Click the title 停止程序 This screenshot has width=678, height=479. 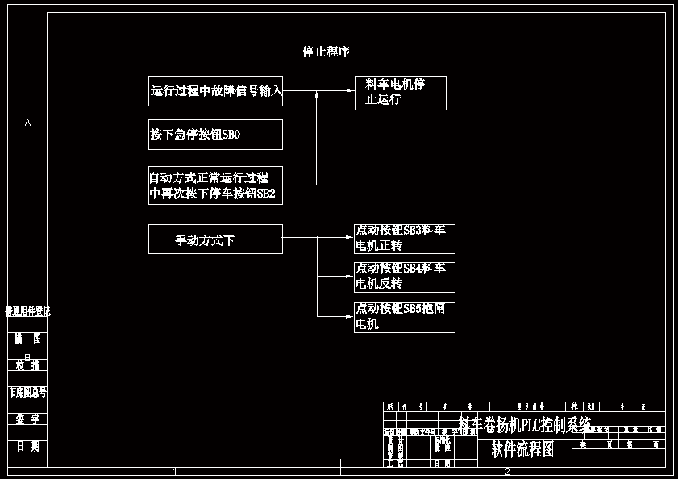(x=326, y=52)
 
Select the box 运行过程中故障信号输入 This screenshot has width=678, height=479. (x=215, y=91)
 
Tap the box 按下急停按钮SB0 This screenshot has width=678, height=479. (x=215, y=135)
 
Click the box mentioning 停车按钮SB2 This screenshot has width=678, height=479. (x=215, y=185)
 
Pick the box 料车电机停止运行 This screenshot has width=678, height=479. (x=400, y=93)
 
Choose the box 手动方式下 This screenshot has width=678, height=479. (x=215, y=240)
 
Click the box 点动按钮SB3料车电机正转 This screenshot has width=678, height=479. (x=404, y=239)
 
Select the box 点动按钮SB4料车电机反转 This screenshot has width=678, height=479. (x=404, y=277)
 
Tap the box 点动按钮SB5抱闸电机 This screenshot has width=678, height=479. (x=404, y=317)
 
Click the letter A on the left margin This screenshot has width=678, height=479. (x=27, y=123)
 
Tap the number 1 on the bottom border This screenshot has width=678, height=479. (x=175, y=471)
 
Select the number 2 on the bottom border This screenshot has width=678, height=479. (x=506, y=471)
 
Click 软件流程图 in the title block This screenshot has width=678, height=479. (x=522, y=450)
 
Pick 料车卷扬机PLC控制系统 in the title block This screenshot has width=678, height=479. (x=524, y=424)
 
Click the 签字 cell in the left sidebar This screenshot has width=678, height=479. (x=27, y=419)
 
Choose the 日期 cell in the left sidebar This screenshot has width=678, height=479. (x=27, y=446)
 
